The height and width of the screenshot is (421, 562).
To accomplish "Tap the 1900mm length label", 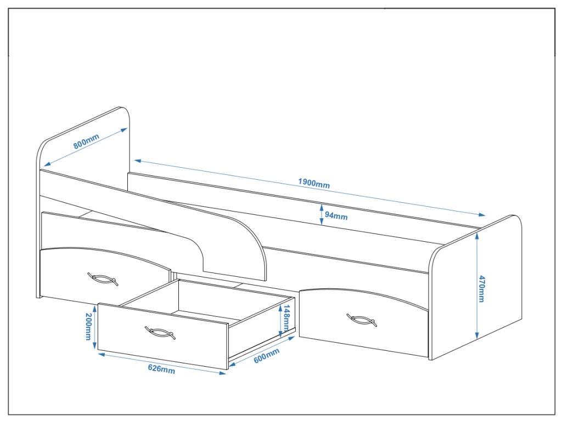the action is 314,183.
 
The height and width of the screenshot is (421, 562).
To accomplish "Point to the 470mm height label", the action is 482,288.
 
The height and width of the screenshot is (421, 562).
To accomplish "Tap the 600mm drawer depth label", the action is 266,356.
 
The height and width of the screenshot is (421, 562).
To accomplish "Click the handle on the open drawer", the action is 160,332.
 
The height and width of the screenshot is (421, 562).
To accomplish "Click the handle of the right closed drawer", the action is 362,320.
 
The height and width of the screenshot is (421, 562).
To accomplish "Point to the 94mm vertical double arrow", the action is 322,214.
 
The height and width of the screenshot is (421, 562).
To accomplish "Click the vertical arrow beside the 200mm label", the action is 95,327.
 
